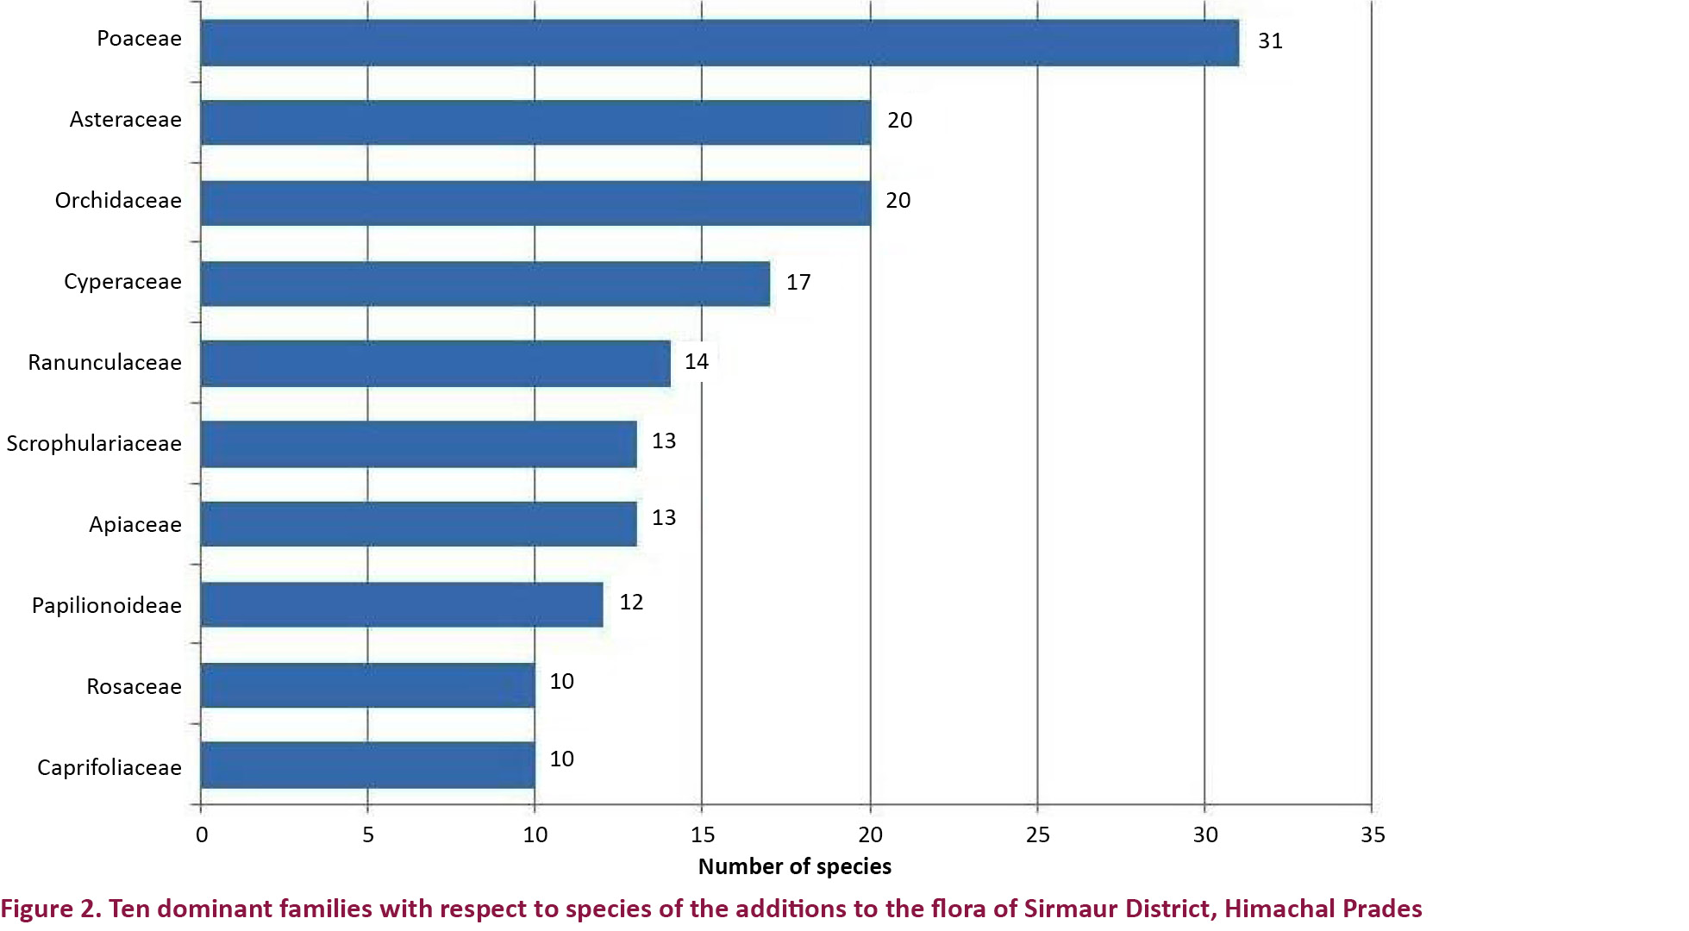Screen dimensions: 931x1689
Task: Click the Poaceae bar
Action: tap(719, 43)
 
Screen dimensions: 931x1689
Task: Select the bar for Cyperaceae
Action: tap(485, 284)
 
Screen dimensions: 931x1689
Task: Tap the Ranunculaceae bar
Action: tap(435, 364)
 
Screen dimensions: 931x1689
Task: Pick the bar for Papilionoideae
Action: tap(402, 604)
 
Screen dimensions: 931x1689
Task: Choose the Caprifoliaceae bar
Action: tap(367, 765)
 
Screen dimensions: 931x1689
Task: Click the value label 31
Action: tap(1270, 41)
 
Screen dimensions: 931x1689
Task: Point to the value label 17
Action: tap(798, 283)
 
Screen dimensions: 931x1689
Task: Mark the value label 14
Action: tap(697, 362)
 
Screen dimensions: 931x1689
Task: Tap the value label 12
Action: tap(631, 603)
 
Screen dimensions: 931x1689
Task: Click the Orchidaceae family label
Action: tap(118, 201)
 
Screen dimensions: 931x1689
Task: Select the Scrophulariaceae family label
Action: tap(94, 444)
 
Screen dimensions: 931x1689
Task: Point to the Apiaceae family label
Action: tap(135, 525)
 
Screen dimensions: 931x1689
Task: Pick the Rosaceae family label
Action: tap(134, 687)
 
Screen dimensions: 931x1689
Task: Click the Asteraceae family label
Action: tap(125, 120)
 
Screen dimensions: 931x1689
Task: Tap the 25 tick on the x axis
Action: tap(1038, 834)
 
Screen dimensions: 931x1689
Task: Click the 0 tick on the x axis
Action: tap(202, 834)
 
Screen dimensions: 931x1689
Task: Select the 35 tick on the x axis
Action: tap(1373, 834)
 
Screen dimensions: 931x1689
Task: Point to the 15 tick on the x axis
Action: tap(703, 834)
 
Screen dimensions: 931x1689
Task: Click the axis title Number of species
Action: tap(794, 866)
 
